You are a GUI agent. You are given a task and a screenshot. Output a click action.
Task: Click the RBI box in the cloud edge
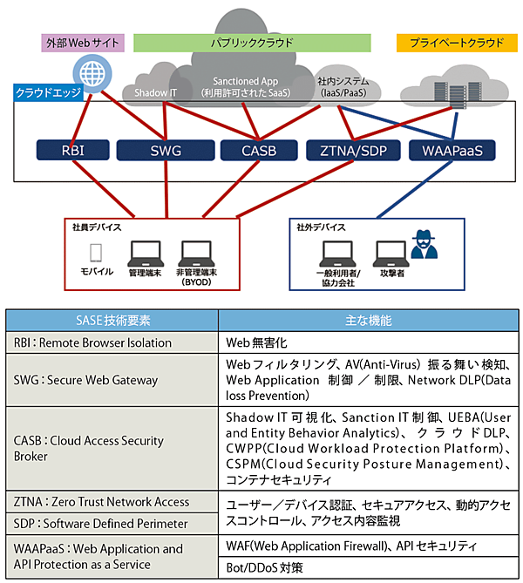[x=72, y=151]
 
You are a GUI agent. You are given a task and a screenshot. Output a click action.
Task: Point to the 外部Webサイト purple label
[x=84, y=42]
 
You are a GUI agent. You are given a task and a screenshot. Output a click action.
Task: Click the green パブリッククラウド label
[x=252, y=42]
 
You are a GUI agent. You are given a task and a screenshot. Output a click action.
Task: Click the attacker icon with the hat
[x=427, y=246]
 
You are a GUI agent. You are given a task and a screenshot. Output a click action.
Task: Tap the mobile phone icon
[x=98, y=253]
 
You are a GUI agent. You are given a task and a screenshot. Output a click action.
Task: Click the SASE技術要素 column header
[x=113, y=321]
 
